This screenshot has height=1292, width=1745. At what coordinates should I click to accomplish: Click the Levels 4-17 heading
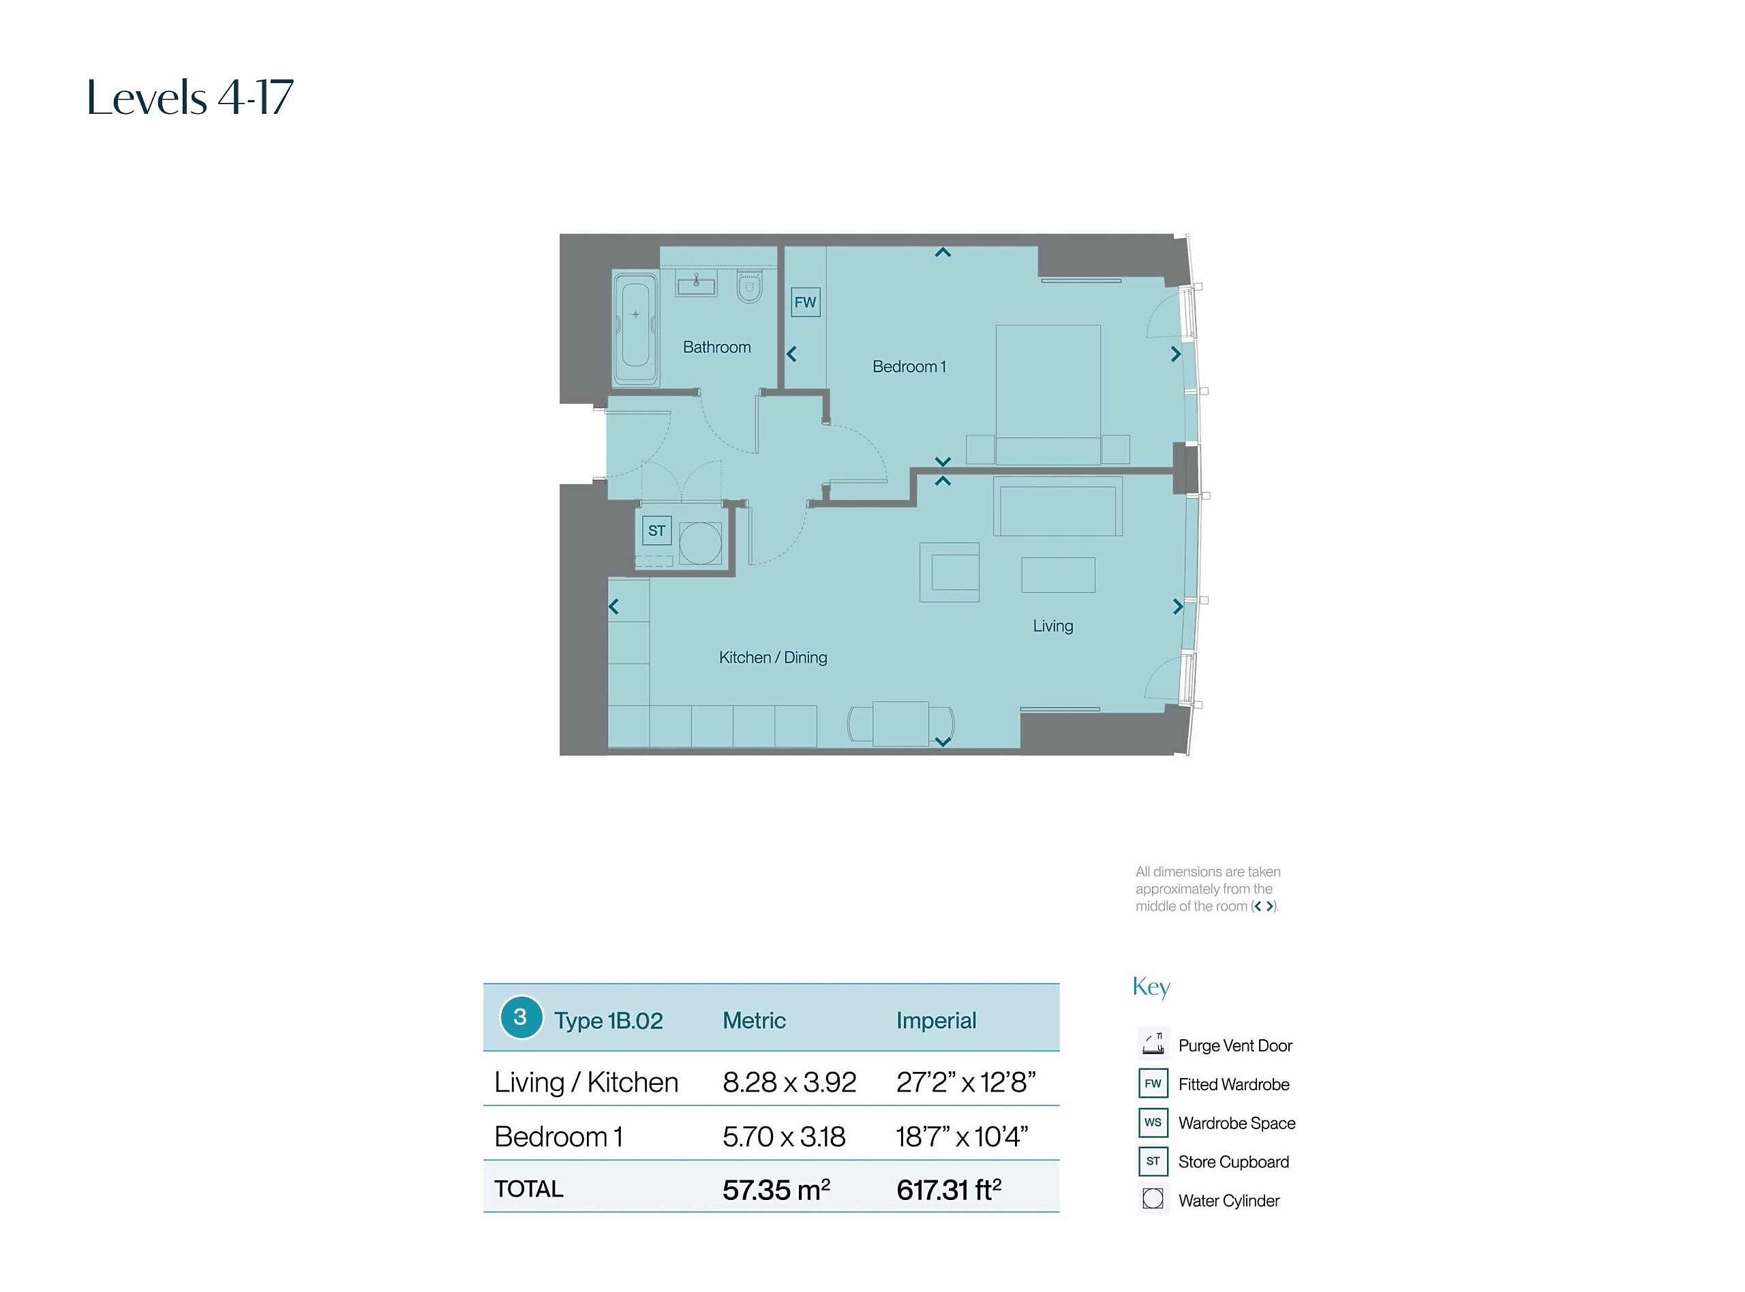(190, 97)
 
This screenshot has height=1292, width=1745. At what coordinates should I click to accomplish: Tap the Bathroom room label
(716, 348)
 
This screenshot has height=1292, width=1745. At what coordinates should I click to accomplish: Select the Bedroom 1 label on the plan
(909, 367)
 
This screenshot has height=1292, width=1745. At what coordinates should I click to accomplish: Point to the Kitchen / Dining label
(773, 658)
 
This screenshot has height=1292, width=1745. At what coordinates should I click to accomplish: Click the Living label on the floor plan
(1052, 626)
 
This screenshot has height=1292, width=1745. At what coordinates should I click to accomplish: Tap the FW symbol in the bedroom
(805, 302)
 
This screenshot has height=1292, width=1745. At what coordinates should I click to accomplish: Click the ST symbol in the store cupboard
(656, 530)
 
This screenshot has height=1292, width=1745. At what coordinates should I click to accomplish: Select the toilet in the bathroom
(749, 286)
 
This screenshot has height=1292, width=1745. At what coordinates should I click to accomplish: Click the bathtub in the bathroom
(635, 328)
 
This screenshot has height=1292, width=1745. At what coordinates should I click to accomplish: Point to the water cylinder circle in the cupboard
(700, 544)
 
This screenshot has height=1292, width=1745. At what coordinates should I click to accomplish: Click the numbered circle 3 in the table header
(521, 1017)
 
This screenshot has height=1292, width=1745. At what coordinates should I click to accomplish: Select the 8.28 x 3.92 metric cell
(789, 1082)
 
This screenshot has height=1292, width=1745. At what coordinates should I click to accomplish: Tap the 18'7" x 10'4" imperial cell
(962, 1137)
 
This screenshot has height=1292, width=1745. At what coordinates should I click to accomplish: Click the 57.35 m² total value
(776, 1190)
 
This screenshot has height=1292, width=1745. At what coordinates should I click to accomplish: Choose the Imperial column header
(937, 1021)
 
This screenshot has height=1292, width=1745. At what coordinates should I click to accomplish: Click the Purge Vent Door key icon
(1153, 1043)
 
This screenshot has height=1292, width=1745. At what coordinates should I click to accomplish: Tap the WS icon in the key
(1153, 1122)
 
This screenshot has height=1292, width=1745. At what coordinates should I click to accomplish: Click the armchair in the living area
(950, 572)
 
